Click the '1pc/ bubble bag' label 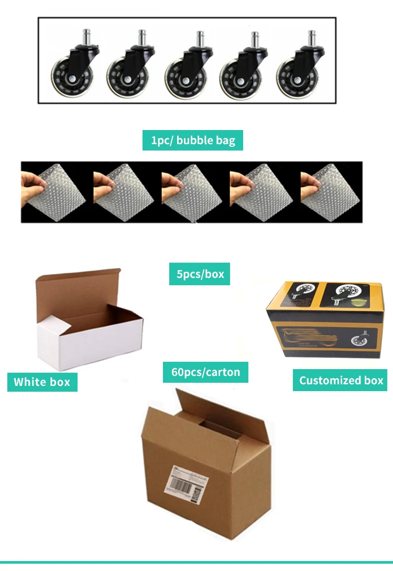pyautogui.click(x=193, y=141)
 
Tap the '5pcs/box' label pyautogui.click(x=199, y=274)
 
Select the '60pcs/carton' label pyautogui.click(x=205, y=372)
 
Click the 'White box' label pyautogui.click(x=42, y=382)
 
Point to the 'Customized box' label pyautogui.click(x=341, y=381)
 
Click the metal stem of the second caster pyautogui.click(x=142, y=39)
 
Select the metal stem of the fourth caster pyautogui.click(x=255, y=40)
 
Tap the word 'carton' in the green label pyautogui.click(x=222, y=373)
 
